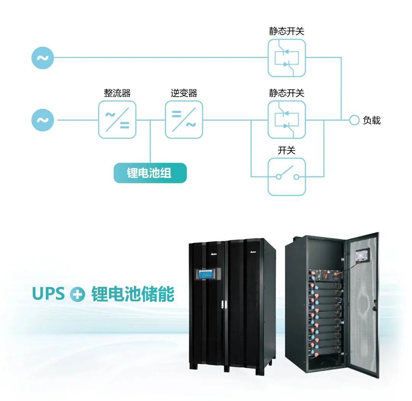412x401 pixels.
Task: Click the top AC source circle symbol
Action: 42,58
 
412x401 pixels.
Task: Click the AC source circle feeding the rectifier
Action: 42,120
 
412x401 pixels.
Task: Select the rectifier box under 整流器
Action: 117,120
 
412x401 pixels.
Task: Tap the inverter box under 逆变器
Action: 184,120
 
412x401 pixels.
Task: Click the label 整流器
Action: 117,93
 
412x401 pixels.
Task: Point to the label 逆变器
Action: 184,93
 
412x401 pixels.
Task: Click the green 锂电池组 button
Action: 150,173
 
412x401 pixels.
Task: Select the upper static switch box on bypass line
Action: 286,58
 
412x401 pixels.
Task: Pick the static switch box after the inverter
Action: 286,120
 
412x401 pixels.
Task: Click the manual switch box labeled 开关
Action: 286,176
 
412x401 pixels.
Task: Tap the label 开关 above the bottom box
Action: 286,150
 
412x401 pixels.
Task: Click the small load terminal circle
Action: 354,120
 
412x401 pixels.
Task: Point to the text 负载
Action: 372,120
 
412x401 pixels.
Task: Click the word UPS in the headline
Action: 48,294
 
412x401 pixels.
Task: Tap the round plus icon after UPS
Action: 77,295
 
